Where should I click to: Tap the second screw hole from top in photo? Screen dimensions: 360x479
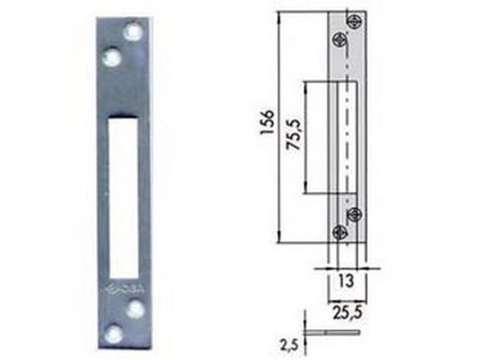(113, 56)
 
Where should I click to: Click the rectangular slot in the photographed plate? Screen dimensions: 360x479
(124, 191)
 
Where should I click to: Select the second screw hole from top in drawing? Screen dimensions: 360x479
(341, 39)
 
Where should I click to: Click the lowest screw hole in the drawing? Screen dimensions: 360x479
(341, 232)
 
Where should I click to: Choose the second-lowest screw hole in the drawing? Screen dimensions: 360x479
(354, 213)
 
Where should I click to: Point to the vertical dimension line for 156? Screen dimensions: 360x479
(278, 127)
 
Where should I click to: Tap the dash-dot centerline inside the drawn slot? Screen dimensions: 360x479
(346, 137)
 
